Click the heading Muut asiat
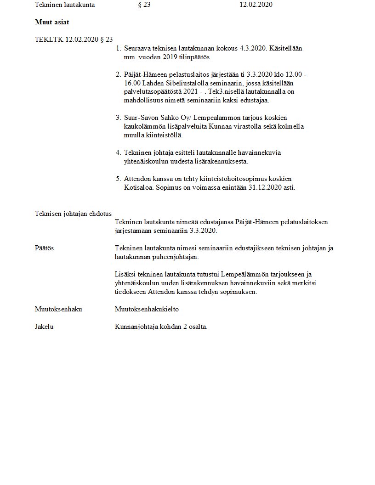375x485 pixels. coord(51,22)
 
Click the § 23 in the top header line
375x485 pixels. coord(144,5)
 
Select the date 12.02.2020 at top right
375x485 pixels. coord(256,5)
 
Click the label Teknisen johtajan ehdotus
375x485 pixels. coord(73,213)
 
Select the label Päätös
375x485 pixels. coord(45,248)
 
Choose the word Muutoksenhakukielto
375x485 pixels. coord(147,309)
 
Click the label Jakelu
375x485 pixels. coord(44,327)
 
